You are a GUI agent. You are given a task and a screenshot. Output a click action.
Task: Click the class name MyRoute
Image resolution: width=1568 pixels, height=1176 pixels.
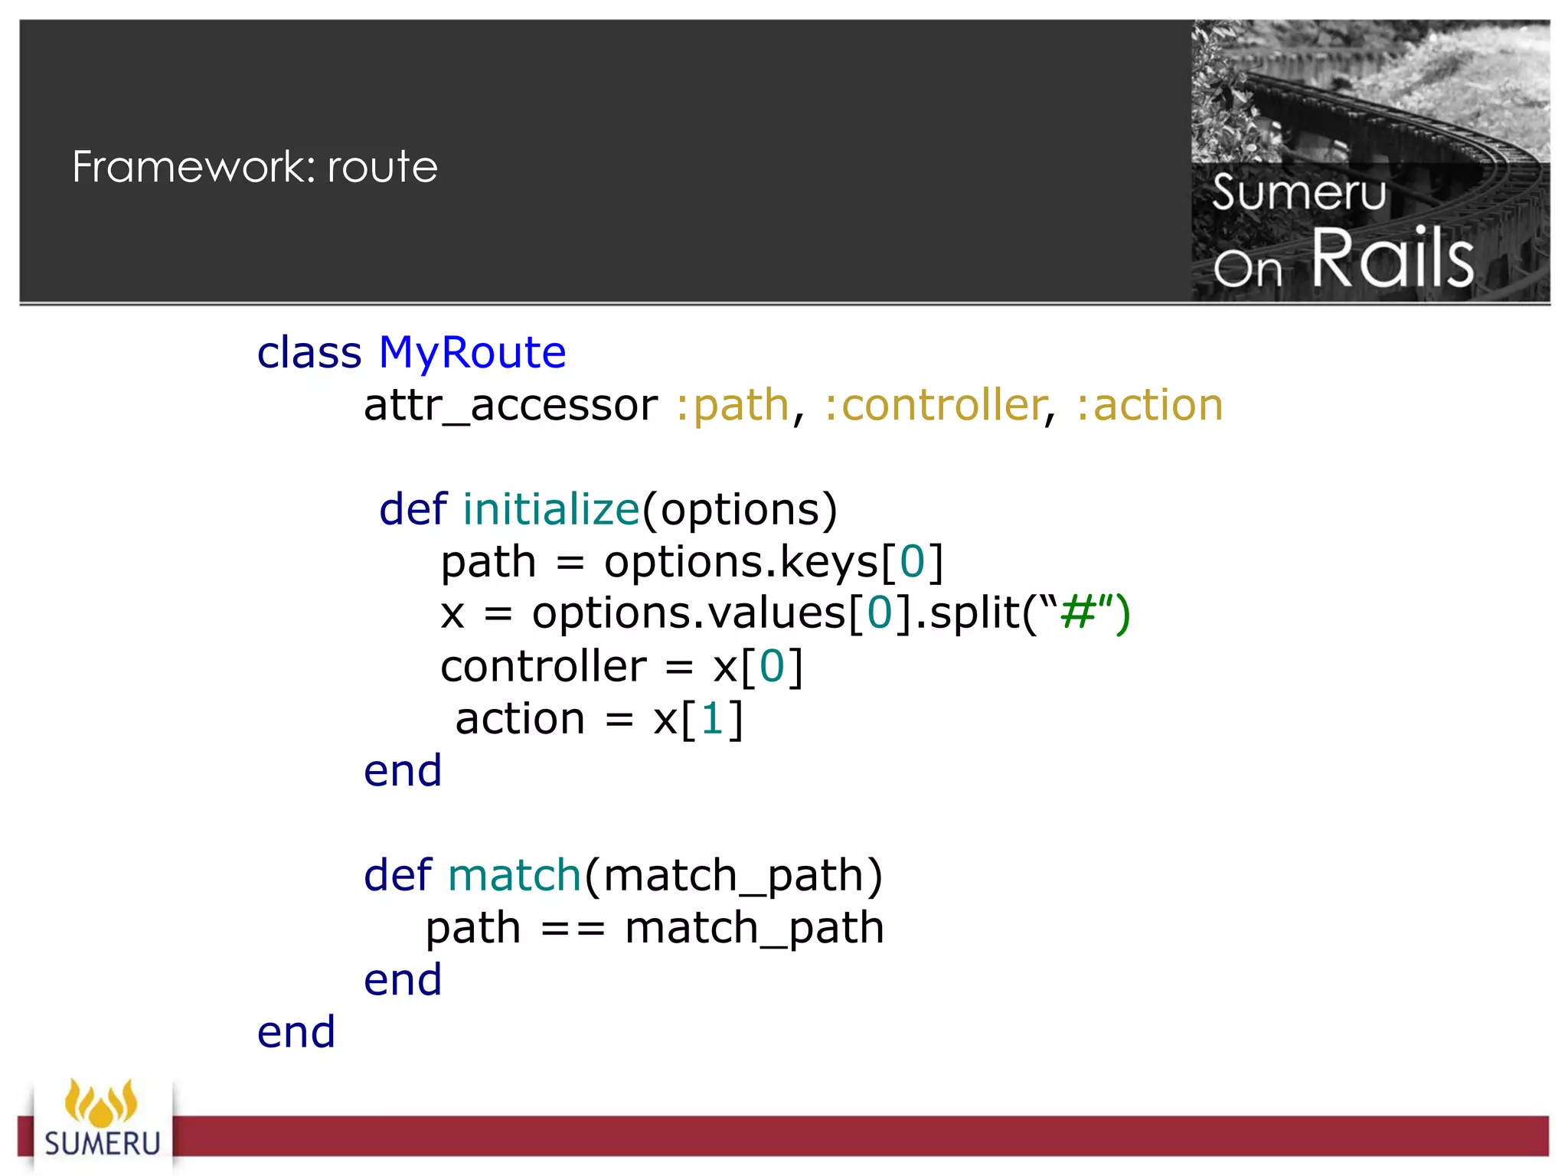(x=472, y=353)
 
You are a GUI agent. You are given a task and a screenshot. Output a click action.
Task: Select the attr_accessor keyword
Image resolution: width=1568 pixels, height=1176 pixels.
(x=510, y=405)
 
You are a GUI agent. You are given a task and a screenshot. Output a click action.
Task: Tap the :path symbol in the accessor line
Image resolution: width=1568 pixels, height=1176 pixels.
(x=732, y=405)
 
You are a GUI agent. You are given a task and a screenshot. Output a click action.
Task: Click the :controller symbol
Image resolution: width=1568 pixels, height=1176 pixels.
(x=935, y=405)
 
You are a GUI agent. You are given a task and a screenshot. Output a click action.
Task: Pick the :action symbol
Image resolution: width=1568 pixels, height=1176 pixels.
(x=1149, y=405)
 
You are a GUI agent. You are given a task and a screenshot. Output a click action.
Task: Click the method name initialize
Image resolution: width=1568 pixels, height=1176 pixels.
(x=551, y=510)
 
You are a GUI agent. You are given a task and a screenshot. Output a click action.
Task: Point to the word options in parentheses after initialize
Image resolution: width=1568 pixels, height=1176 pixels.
(x=740, y=510)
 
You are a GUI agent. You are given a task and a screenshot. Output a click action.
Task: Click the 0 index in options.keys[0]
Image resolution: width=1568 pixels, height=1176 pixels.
(x=912, y=562)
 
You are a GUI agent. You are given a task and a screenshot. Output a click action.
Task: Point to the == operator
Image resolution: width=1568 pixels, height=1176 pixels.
(x=573, y=929)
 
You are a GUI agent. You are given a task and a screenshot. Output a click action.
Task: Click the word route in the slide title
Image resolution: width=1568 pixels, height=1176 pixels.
(x=382, y=167)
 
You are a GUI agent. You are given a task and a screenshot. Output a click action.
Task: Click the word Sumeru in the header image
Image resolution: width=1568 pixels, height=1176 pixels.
(x=1299, y=192)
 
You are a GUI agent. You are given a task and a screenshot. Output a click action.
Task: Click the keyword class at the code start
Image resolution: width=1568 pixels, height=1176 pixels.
(x=309, y=353)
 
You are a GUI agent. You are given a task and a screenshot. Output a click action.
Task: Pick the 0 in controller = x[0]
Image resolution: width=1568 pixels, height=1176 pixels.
(x=772, y=666)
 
